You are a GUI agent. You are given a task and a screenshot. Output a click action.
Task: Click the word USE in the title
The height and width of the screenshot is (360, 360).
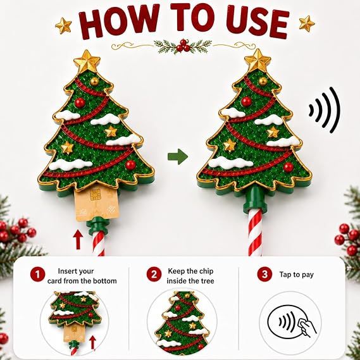257,21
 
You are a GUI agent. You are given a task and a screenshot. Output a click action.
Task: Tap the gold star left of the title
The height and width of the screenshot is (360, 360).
63,25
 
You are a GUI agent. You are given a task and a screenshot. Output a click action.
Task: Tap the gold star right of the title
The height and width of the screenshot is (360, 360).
307,23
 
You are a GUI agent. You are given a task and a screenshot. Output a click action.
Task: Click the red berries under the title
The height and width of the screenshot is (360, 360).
183,46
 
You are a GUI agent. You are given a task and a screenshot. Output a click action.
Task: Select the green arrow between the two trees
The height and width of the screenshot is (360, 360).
178,156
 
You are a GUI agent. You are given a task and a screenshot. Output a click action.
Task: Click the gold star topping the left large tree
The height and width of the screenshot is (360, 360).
87,61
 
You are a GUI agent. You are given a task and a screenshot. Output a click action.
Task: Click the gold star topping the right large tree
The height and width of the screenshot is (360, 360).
258,60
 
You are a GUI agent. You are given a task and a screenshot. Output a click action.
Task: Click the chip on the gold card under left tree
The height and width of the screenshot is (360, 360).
95,195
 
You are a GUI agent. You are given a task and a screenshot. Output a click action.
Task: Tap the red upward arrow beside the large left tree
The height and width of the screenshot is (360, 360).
78,240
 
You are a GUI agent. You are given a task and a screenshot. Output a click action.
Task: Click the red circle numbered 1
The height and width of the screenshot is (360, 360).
38,275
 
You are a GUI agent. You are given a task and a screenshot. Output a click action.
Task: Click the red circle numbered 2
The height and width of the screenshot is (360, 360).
154,274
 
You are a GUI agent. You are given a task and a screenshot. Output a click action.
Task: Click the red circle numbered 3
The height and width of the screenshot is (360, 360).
264,274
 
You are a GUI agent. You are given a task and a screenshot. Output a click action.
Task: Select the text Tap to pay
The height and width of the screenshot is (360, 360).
296,275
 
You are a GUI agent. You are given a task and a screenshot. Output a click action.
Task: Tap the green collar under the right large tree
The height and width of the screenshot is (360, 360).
255,199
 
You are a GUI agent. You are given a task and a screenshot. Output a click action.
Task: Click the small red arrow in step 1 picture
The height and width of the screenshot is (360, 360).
92,342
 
